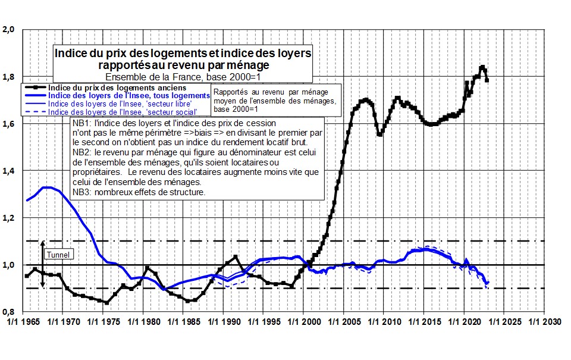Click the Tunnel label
pyautogui.click(x=58, y=255)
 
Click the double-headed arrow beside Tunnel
pyautogui.click(x=43, y=264)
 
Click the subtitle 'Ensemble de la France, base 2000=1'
pyautogui.click(x=183, y=77)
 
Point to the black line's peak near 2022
pyautogui.click(x=482, y=67)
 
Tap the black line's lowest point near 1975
pyautogui.click(x=106, y=303)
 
